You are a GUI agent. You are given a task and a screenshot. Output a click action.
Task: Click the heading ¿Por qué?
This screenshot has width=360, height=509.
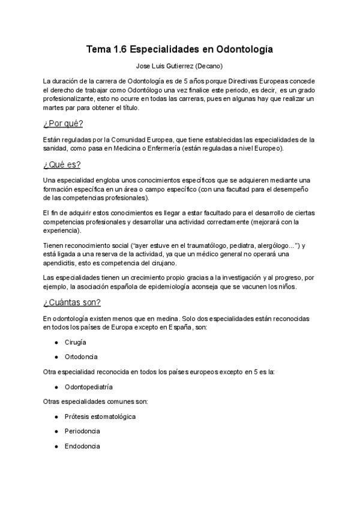pos(63,124)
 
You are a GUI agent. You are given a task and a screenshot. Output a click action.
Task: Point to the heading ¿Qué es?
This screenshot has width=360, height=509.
pos(62,164)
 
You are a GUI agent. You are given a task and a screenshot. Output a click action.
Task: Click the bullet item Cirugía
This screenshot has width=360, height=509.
pos(76,342)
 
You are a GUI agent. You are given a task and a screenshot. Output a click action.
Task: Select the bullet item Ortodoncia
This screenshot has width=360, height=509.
pos(82,357)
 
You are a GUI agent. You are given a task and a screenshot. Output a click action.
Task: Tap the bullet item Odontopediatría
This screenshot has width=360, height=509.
pos(89,387)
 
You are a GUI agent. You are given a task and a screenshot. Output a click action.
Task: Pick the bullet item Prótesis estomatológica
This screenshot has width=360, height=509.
pos(100,416)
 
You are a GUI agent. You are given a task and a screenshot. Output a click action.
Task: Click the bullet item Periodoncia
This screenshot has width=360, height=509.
pos(82,431)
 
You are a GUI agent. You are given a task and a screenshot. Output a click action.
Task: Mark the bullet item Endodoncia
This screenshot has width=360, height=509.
pos(82,446)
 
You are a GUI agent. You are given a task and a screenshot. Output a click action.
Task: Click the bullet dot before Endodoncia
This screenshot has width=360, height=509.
pos(56,446)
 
